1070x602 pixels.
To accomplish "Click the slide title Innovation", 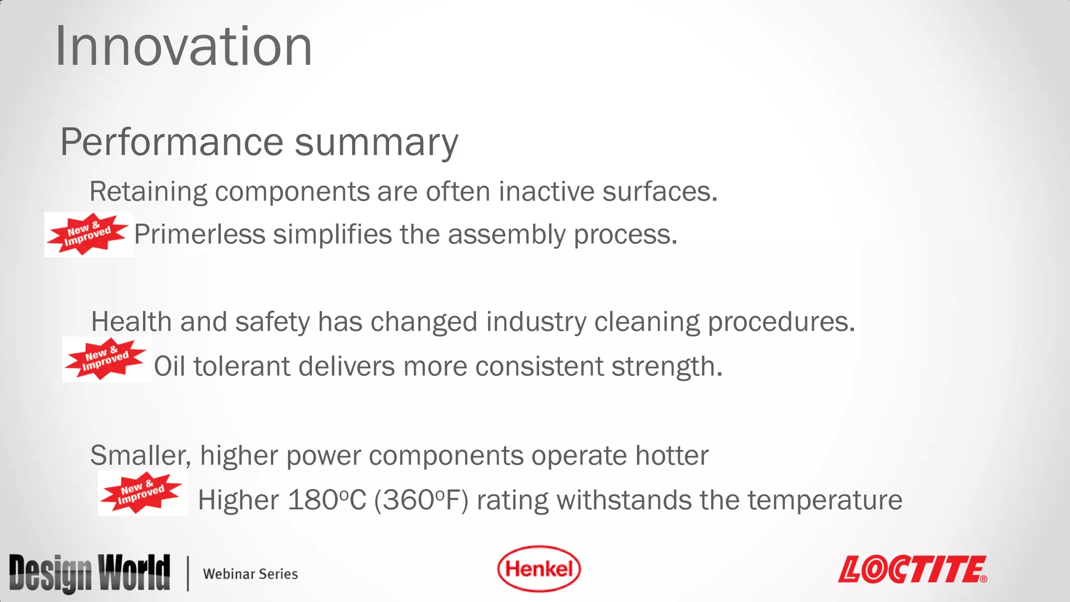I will coord(183,47).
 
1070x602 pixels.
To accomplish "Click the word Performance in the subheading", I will coord(172,142).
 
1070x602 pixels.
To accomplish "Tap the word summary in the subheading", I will coord(376,142).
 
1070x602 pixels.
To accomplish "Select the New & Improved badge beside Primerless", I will coord(88,234).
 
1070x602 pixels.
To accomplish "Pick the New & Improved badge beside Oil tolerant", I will coord(106,359).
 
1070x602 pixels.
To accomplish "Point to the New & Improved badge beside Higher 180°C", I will coord(142,493).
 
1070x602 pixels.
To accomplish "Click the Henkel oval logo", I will coord(539,569).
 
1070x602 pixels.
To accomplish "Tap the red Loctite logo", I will coord(912,569).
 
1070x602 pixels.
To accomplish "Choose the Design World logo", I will coord(89,573).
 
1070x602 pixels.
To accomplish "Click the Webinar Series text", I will coord(250,574).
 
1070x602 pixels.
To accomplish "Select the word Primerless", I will coord(200,234).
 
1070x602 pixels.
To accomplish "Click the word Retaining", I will coord(148,191).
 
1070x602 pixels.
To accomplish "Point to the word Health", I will coord(131,321).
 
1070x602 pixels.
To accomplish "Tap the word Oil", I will coord(170,366).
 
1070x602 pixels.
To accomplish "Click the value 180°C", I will coord(327,500).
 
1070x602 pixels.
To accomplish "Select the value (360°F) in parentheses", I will coord(421,500).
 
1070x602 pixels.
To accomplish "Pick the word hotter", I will coord(672,455).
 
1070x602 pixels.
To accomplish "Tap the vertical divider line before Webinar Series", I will coord(188,573).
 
